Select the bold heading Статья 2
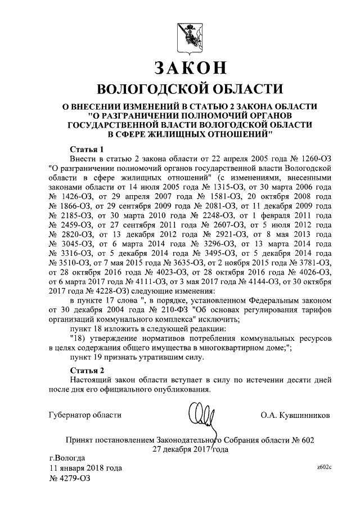tap(86, 370)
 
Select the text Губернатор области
tap(85, 415)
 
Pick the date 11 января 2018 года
tap(85, 468)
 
